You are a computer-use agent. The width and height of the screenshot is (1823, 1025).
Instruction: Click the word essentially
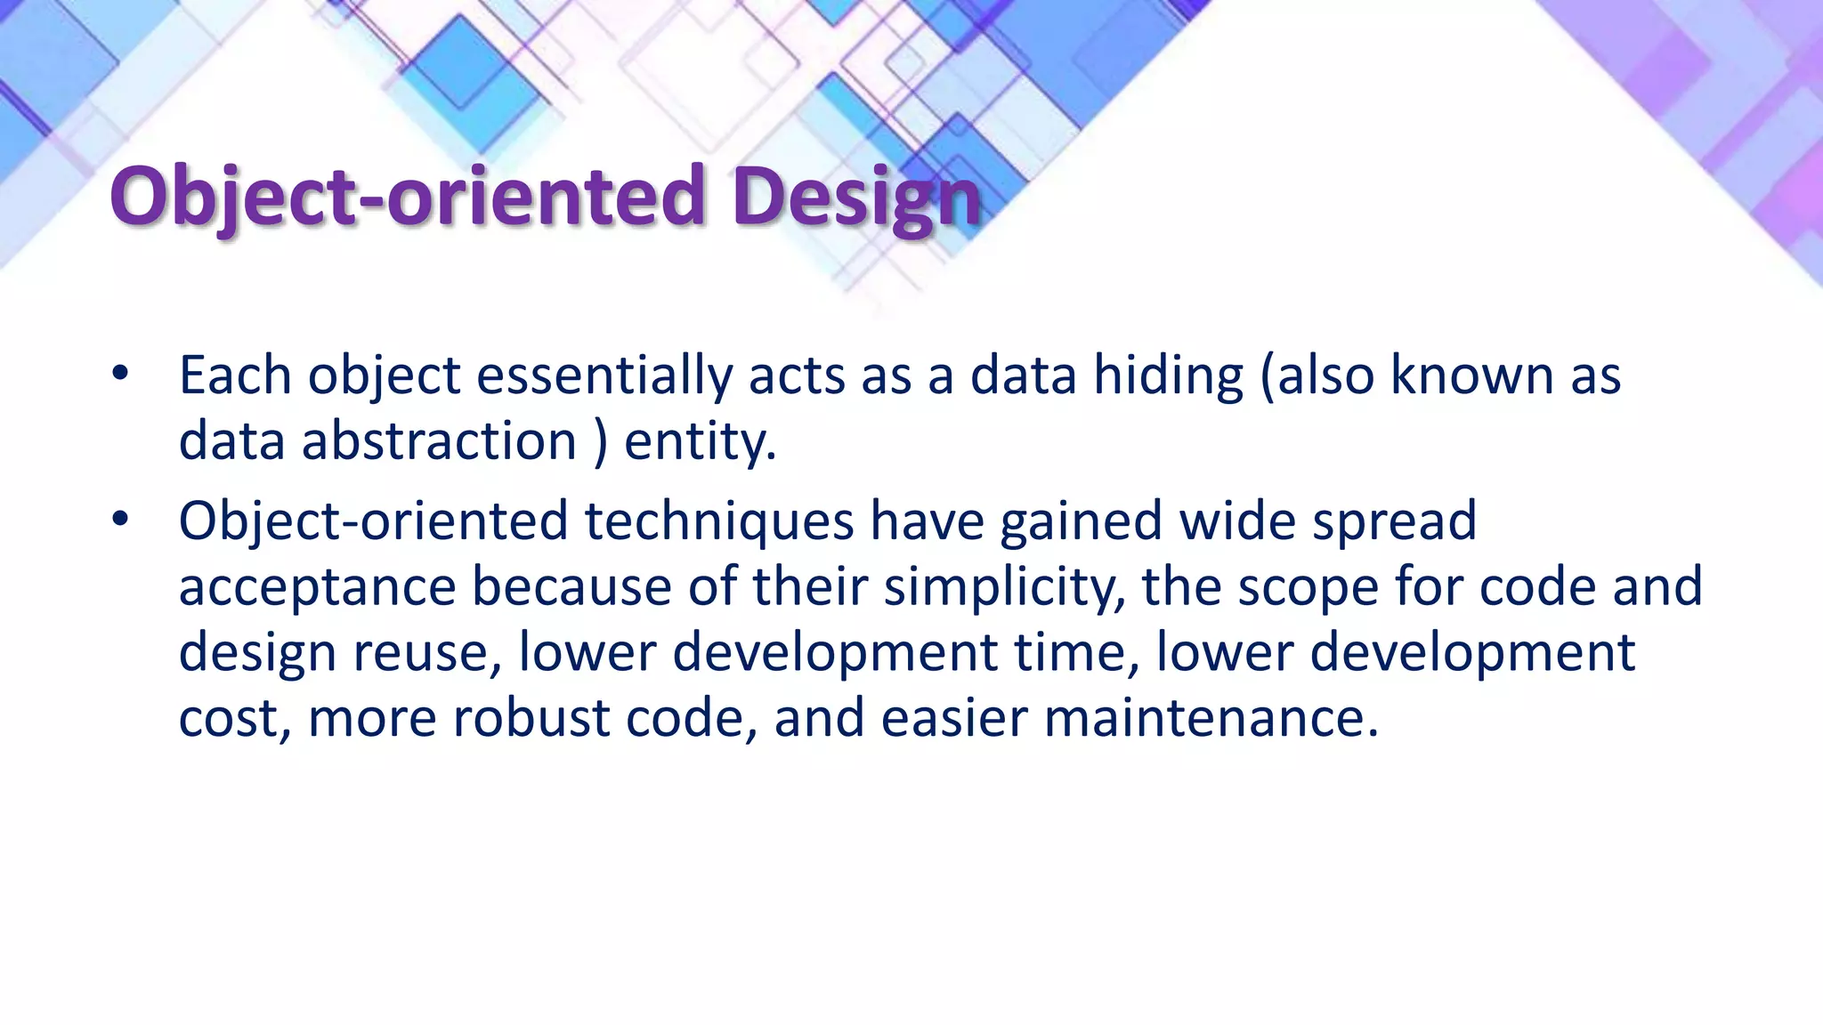[604, 375]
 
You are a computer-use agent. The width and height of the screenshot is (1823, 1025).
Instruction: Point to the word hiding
[1168, 375]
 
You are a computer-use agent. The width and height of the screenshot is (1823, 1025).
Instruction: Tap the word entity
[699, 441]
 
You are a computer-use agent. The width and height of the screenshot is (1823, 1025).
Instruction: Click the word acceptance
[317, 587]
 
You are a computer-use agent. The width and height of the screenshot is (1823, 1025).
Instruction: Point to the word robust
[531, 718]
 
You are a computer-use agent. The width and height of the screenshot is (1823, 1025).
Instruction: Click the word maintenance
[1211, 718]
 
